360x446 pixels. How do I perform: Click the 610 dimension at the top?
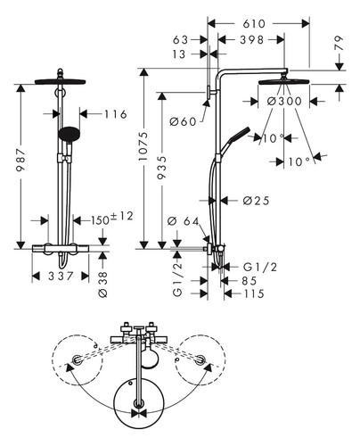pyautogui.click(x=254, y=24)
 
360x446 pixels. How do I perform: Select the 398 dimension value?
pyautogui.click(x=252, y=40)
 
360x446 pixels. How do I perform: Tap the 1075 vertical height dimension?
pyautogui.click(x=143, y=146)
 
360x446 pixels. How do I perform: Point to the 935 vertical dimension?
pyautogui.click(x=161, y=168)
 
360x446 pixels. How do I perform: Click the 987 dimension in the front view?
pyautogui.click(x=20, y=160)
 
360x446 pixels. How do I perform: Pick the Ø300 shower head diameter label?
pyautogui.click(x=284, y=102)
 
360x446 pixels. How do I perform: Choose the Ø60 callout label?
pyautogui.click(x=183, y=121)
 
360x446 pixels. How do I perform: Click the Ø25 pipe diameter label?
pyautogui.click(x=256, y=201)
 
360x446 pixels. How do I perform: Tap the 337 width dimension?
pyautogui.click(x=61, y=277)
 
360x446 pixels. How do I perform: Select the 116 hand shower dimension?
pyautogui.click(x=116, y=114)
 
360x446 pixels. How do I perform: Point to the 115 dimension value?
pyautogui.click(x=254, y=293)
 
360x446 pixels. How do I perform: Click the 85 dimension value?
pyautogui.click(x=249, y=281)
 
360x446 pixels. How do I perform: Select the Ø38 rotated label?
pyautogui.click(x=102, y=285)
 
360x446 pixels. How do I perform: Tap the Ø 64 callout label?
pyautogui.click(x=184, y=221)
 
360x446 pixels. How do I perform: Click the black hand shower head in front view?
pyautogui.click(x=70, y=135)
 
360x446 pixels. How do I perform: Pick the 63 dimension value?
pyautogui.click(x=180, y=40)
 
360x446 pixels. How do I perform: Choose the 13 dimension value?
pyautogui.click(x=179, y=54)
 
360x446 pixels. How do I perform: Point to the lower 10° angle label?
pyautogui.click(x=299, y=162)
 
